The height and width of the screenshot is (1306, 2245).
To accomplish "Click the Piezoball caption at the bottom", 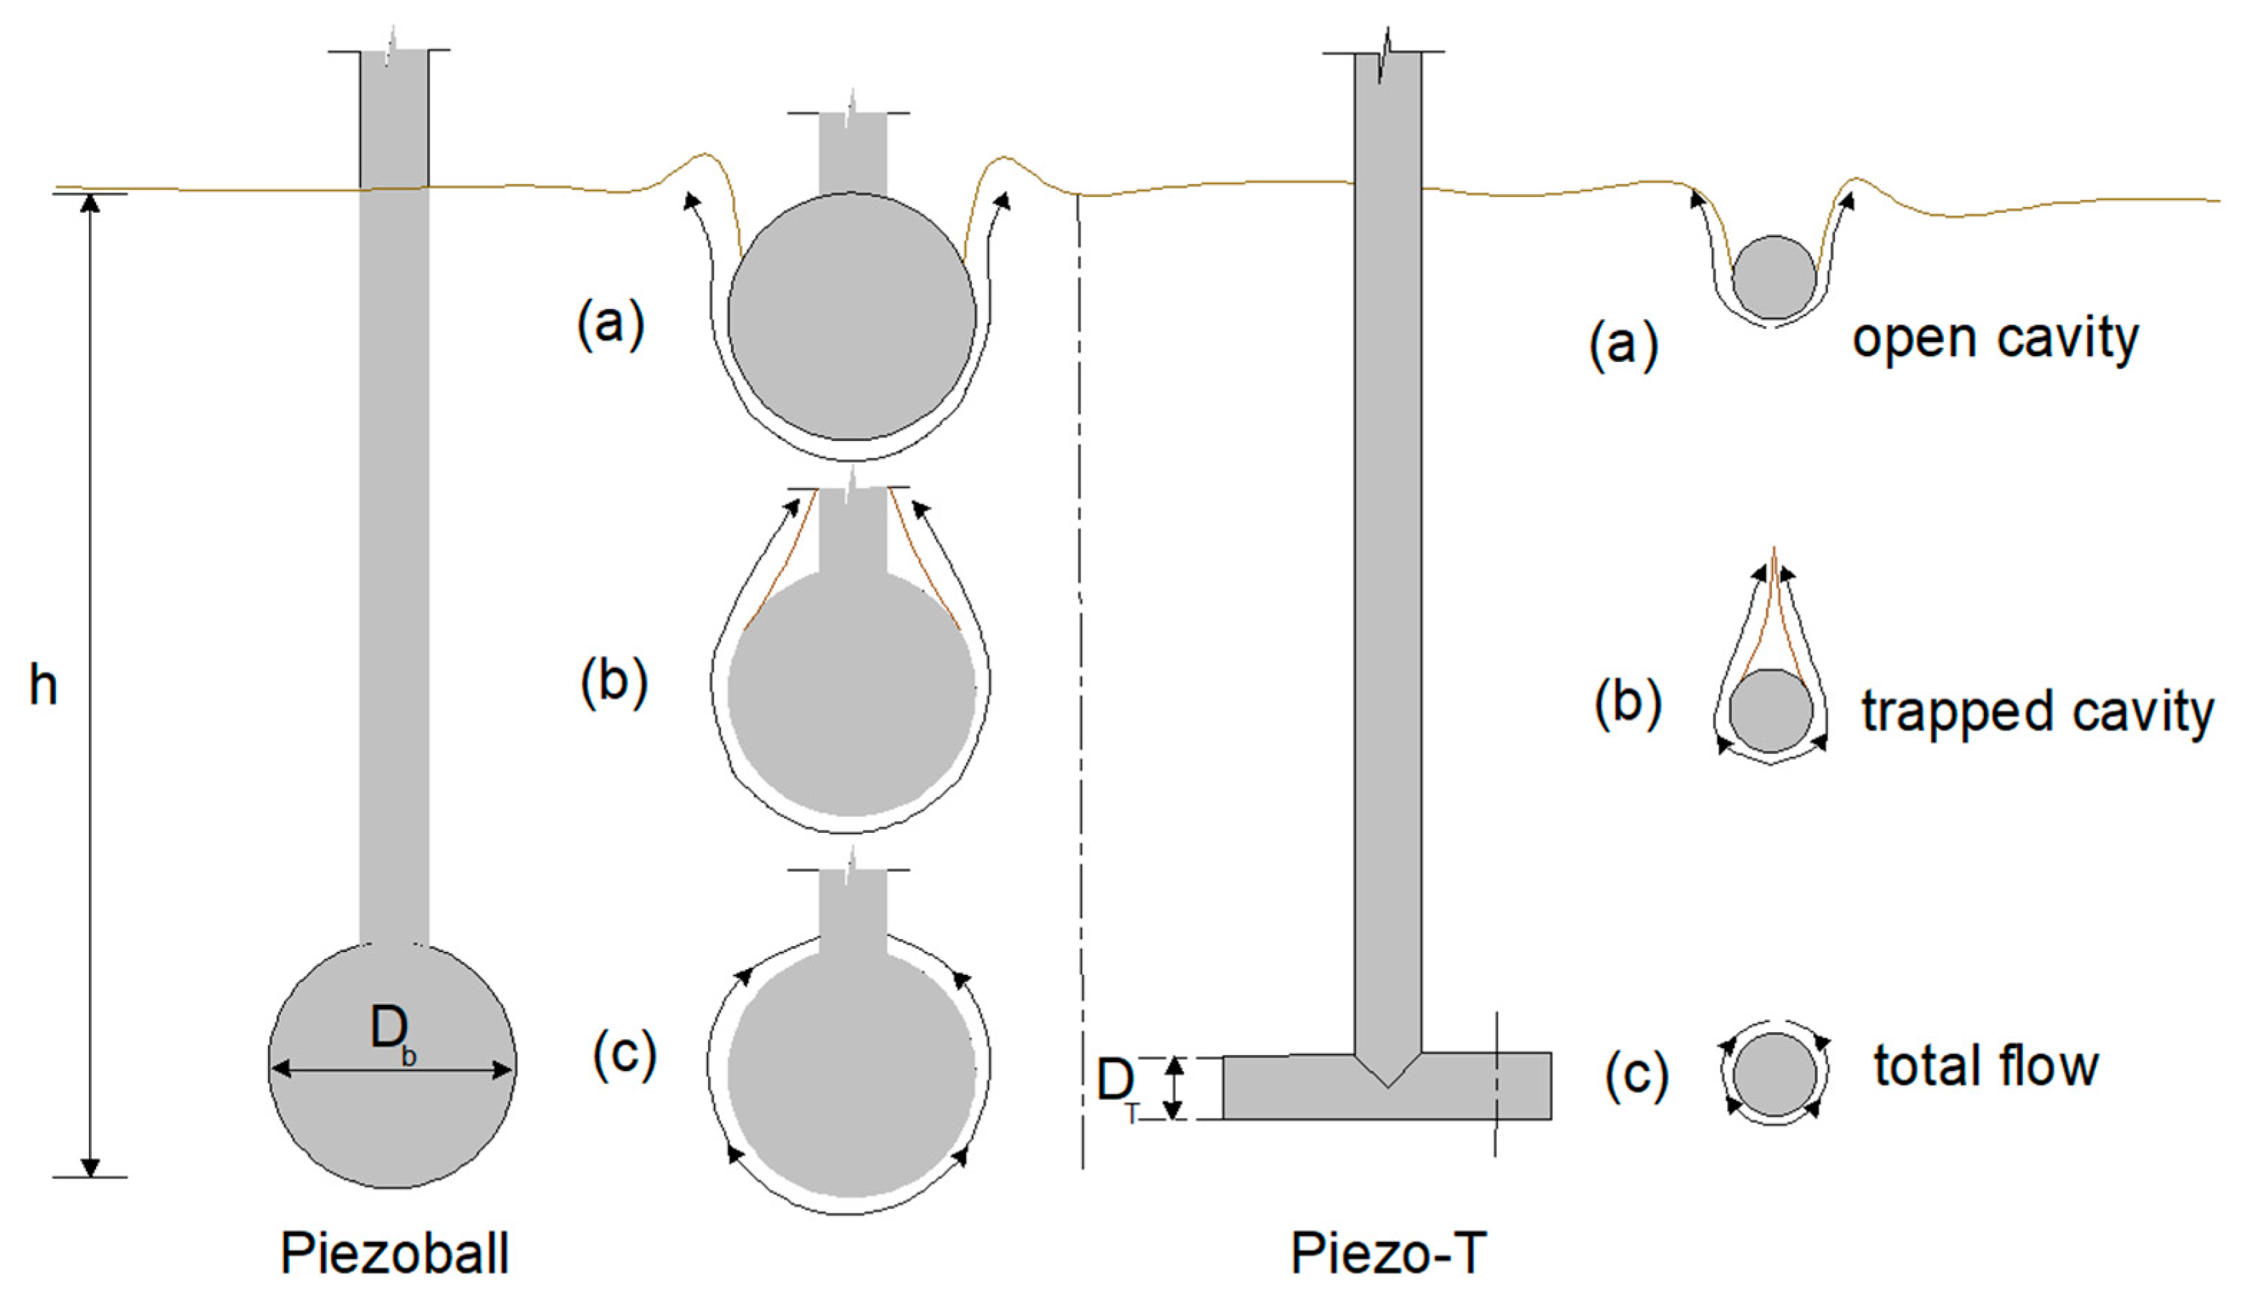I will (395, 1254).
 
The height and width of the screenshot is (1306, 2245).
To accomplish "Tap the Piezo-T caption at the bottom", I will (1389, 1254).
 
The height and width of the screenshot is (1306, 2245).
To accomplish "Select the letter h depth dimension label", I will (44, 686).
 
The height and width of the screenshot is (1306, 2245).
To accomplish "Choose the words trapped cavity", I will (2036, 712).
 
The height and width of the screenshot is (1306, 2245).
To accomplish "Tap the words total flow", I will (1986, 1067).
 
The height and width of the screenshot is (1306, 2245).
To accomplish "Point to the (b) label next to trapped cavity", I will (1627, 703).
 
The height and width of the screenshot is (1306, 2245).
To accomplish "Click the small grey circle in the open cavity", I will (1773, 277).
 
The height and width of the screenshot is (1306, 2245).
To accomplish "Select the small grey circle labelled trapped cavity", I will (1771, 711).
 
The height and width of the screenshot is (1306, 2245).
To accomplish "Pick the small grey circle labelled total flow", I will (1775, 1074).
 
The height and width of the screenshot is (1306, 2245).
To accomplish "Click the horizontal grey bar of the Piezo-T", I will (1292, 1087).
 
